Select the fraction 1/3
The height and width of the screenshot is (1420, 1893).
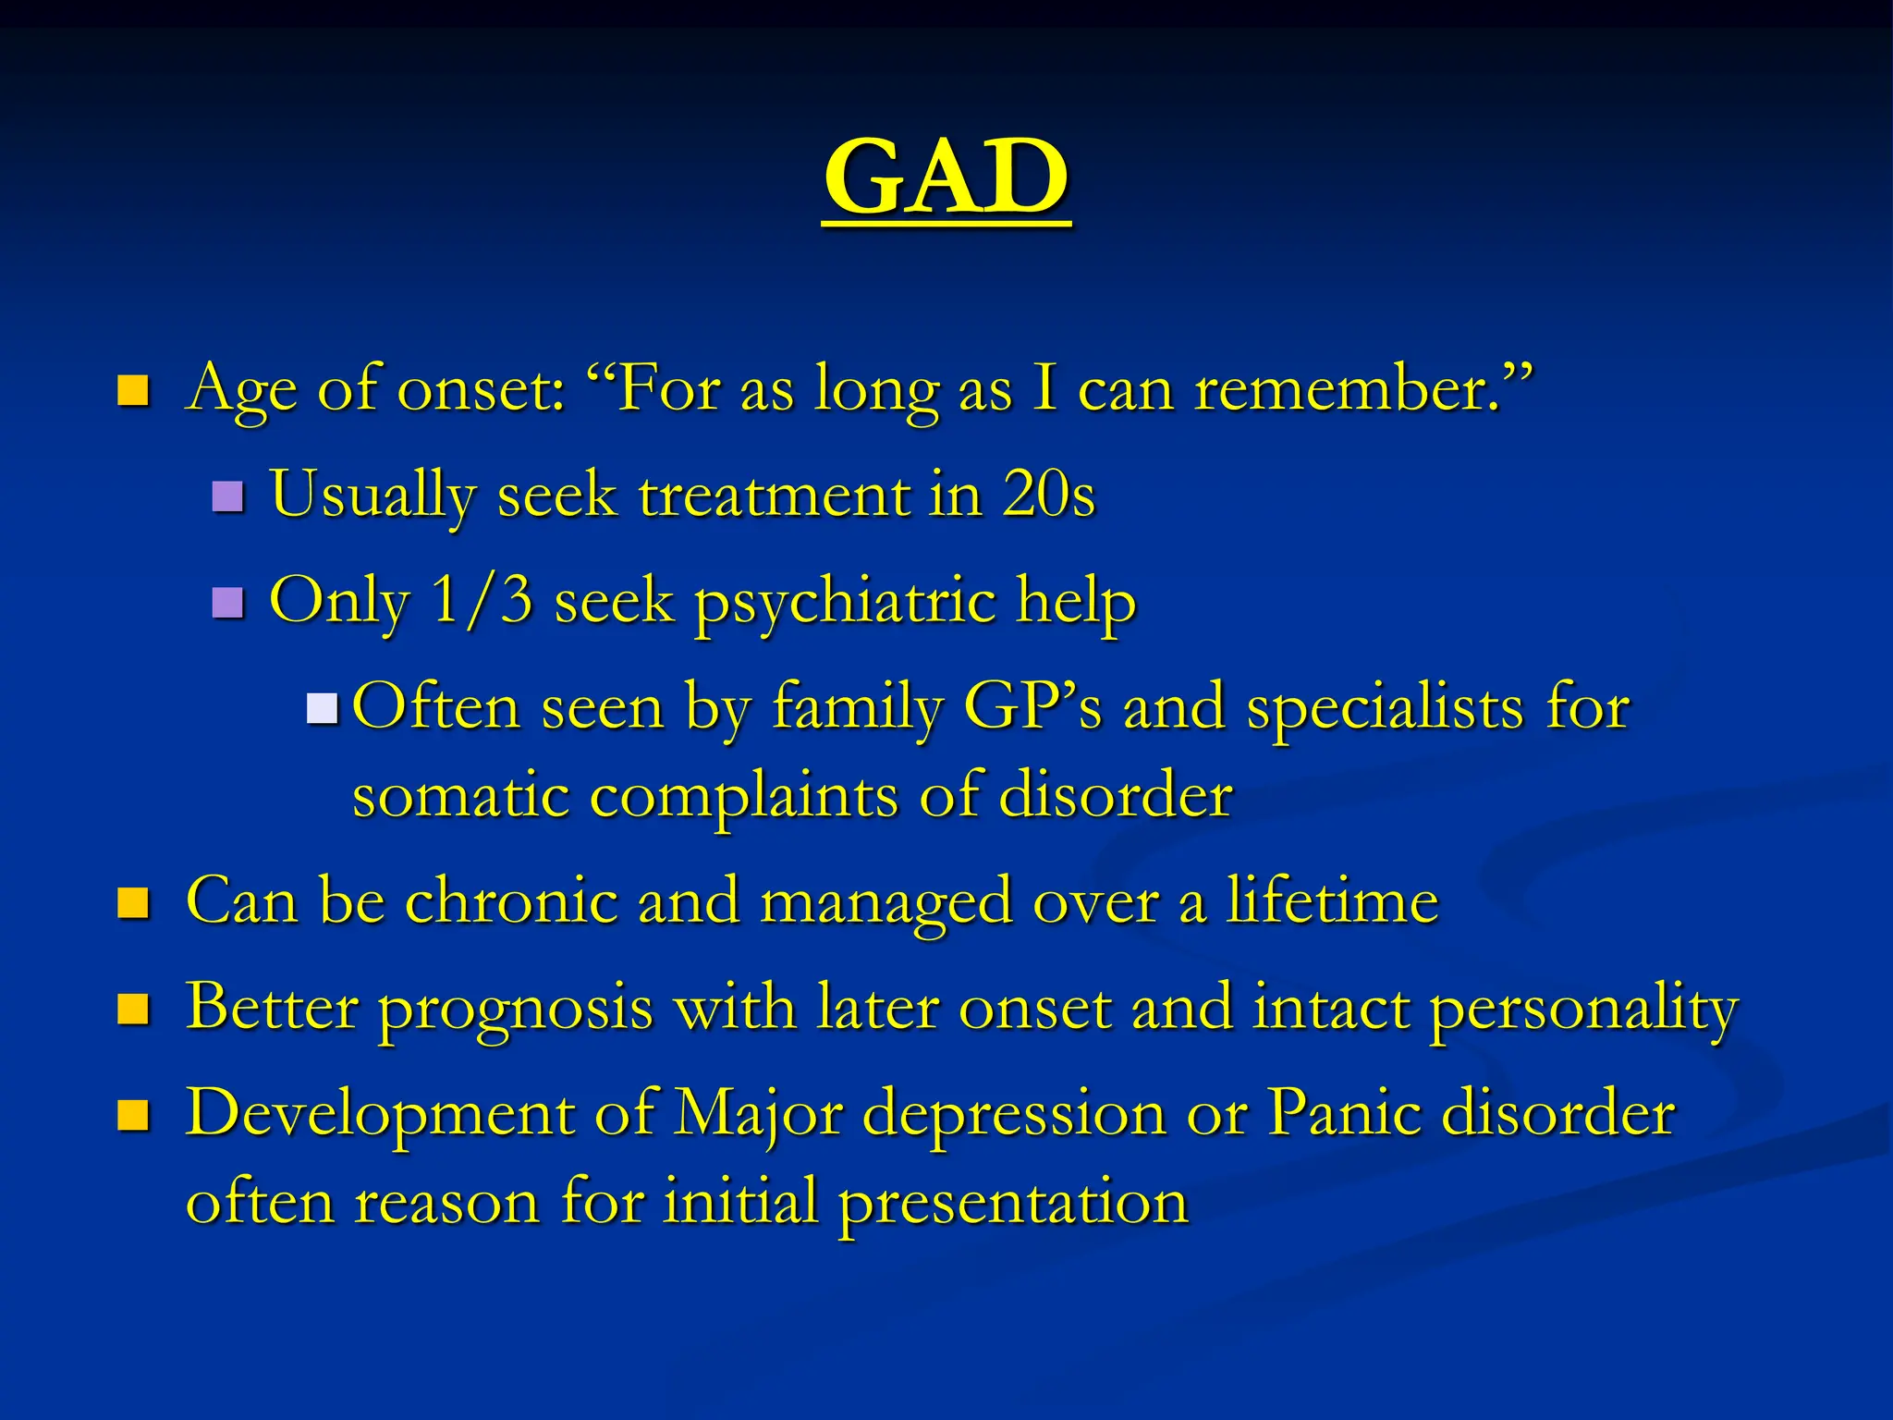tap(481, 600)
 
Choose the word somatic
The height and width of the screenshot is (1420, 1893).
tap(460, 796)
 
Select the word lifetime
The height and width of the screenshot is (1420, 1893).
tap(1331, 900)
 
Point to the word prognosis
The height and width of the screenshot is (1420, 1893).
tap(516, 1008)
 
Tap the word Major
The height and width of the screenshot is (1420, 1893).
tap(758, 1113)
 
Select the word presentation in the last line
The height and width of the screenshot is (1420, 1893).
tap(1013, 1203)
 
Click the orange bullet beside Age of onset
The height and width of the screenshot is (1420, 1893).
tap(133, 391)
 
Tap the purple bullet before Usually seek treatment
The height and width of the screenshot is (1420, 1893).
tap(227, 497)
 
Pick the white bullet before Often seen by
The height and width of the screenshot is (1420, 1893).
tap(323, 709)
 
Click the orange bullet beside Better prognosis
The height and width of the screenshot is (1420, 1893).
tap(133, 1010)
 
